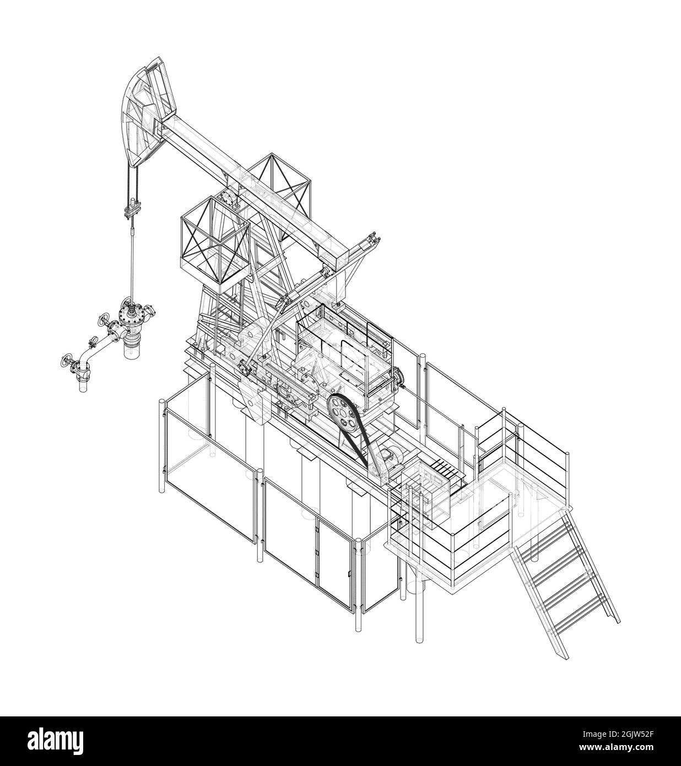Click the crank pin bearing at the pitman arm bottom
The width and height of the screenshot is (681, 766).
click(x=242, y=366)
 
